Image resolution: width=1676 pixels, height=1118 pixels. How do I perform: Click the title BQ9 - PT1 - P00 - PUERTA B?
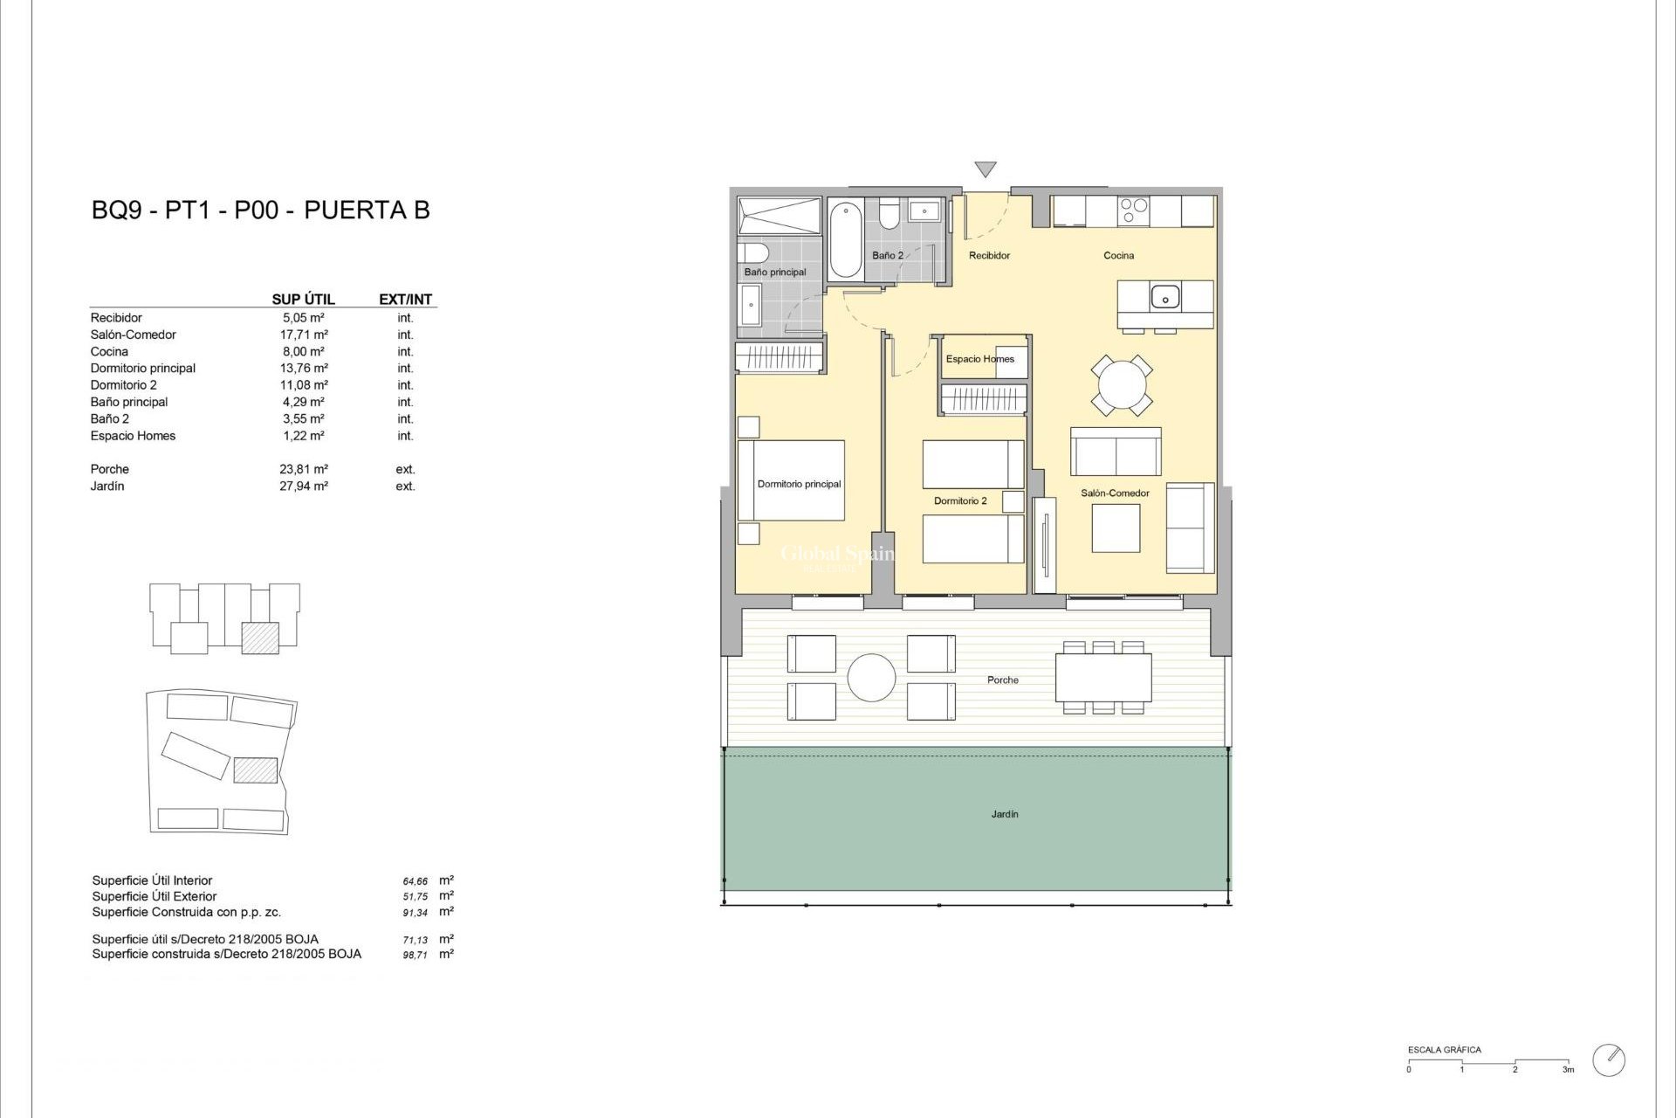click(260, 210)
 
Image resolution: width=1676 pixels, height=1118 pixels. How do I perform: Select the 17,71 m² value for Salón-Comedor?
click(303, 335)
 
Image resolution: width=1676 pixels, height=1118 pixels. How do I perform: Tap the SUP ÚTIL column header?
click(303, 299)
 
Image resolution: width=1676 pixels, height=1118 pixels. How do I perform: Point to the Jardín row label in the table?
click(107, 487)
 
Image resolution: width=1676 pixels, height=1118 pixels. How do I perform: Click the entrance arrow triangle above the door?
click(985, 169)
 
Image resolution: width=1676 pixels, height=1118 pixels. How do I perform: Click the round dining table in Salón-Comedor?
click(1121, 384)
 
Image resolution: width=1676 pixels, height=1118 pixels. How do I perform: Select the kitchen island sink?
click(1164, 297)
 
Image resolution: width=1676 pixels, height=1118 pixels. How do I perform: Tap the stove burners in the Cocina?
click(1133, 210)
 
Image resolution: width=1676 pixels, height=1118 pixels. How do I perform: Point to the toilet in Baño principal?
click(753, 253)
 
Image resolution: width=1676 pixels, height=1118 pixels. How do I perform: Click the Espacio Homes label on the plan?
click(979, 359)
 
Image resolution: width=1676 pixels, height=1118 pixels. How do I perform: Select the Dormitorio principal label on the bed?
click(799, 484)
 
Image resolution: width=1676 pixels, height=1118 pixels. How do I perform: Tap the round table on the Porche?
click(871, 678)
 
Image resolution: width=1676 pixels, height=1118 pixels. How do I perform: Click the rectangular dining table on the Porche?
click(1102, 678)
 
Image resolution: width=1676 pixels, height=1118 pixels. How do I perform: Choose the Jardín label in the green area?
click(1004, 814)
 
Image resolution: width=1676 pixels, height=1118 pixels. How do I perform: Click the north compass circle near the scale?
click(1608, 1059)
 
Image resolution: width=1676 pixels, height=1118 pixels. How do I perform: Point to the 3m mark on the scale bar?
click(1568, 1068)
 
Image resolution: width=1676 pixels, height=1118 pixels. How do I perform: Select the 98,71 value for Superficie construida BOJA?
click(415, 956)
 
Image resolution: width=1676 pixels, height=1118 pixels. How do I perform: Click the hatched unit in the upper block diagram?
click(259, 638)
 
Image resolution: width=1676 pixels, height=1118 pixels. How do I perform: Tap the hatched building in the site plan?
click(256, 769)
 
